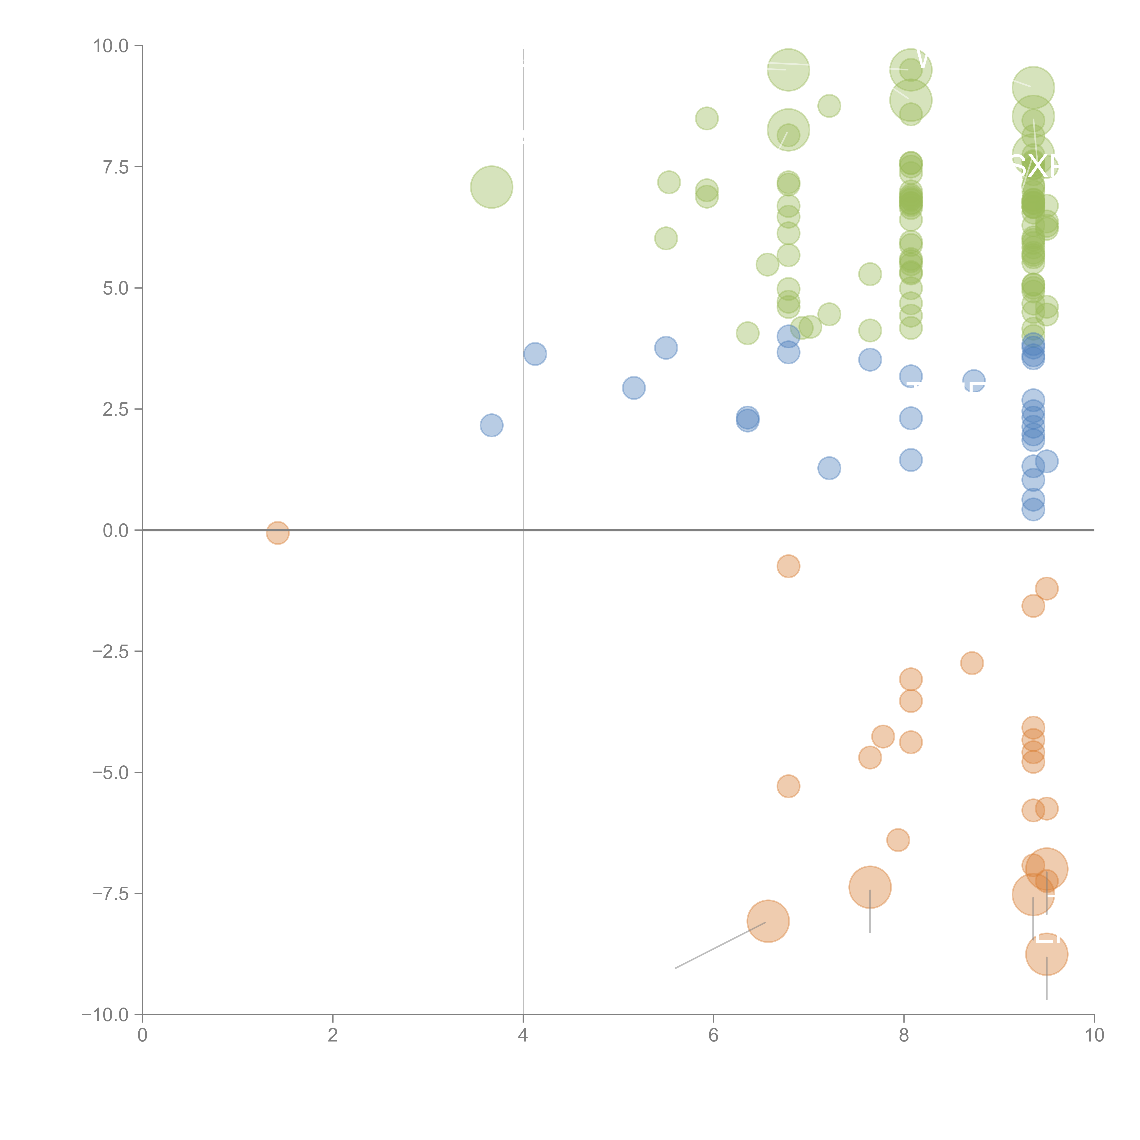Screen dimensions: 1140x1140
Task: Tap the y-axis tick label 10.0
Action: [111, 46]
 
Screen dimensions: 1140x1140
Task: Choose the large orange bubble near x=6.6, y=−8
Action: [768, 921]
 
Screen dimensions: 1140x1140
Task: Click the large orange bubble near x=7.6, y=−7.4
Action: [870, 887]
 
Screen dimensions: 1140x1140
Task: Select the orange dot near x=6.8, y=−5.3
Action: [788, 786]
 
